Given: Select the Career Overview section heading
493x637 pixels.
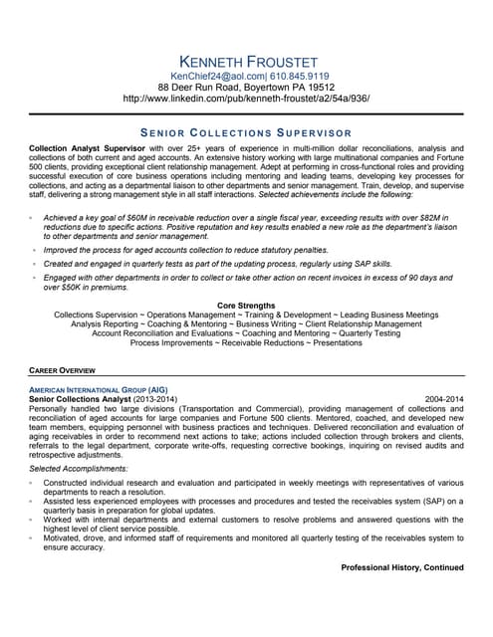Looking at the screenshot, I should point(63,369).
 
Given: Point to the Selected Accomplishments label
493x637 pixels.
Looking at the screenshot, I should point(79,467).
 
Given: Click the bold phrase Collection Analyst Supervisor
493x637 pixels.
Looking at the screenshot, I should point(88,147).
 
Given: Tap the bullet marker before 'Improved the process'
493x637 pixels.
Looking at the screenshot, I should point(33,251).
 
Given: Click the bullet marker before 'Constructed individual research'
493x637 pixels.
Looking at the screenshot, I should point(33,483).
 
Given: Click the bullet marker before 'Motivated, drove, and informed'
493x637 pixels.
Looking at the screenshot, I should point(33,537).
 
